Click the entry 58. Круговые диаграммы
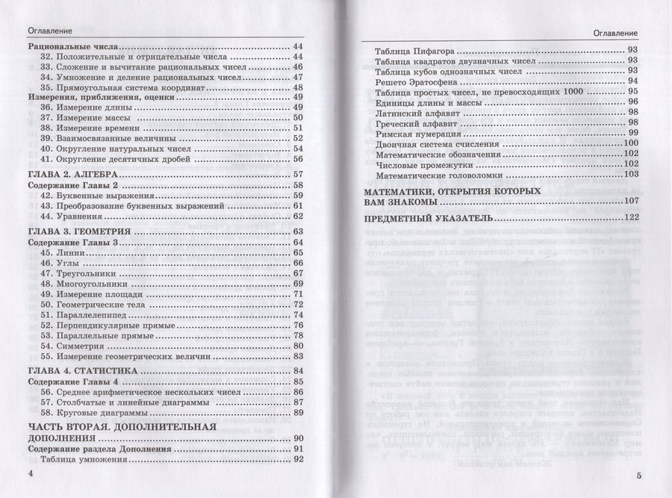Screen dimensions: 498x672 coord(96,412)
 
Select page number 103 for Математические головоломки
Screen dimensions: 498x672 coord(631,174)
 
